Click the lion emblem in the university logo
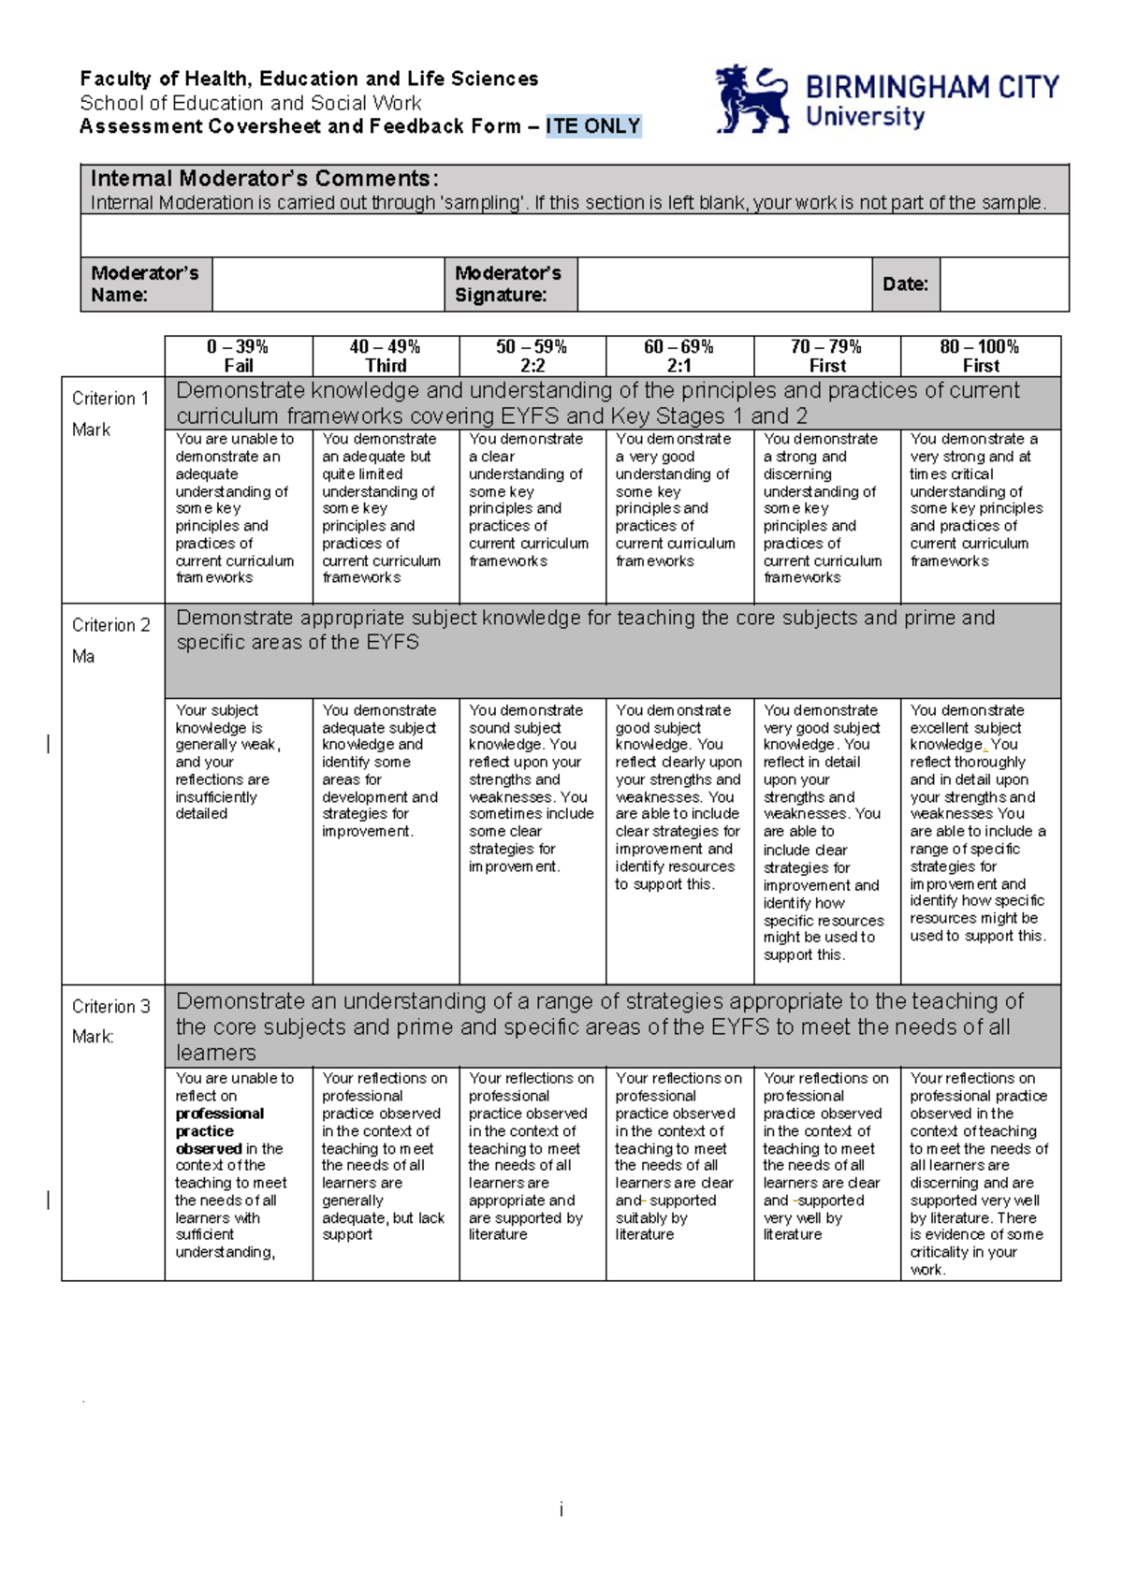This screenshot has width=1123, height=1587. (751, 98)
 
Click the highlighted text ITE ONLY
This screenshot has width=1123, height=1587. (593, 126)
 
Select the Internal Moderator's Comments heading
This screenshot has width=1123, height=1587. (264, 179)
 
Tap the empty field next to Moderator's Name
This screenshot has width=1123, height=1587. (328, 284)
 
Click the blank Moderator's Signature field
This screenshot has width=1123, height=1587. (723, 284)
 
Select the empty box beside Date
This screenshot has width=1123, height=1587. (1003, 284)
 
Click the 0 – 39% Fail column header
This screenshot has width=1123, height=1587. (238, 357)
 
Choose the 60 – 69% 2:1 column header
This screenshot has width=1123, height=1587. (678, 357)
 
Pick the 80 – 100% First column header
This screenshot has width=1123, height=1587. (980, 357)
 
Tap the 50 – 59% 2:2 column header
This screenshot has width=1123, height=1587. (532, 357)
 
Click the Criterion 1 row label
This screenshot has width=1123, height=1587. (110, 399)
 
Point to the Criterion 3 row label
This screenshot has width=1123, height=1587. (110, 1007)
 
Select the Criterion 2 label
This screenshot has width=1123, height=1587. (110, 625)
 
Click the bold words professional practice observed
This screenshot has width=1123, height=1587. (219, 1131)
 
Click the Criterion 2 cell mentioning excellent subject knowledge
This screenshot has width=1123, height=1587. (978, 823)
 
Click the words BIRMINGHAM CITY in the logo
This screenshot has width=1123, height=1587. (931, 88)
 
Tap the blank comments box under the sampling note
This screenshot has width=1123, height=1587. (575, 236)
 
